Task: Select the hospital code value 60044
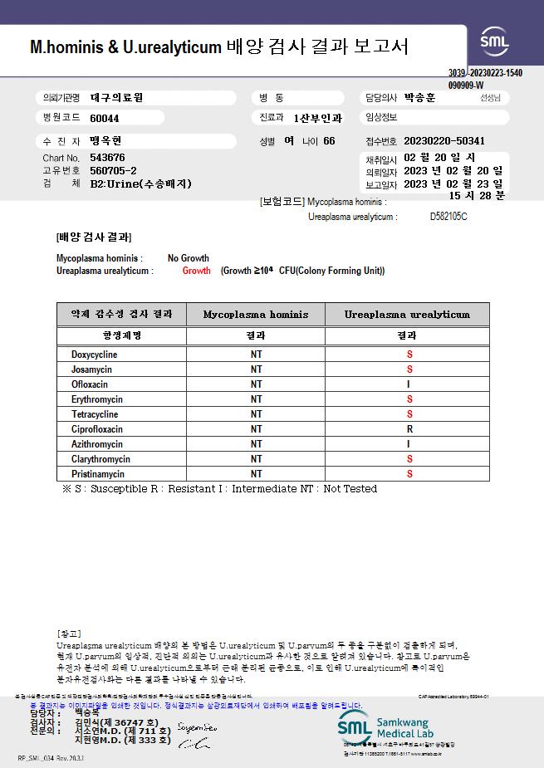105,119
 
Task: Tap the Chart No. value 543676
108,158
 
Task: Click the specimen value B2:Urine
141,183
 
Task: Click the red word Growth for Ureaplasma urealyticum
197,271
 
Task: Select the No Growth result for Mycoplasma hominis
189,258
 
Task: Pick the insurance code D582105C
448,217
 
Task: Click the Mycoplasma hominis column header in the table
256,315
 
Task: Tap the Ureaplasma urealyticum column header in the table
407,315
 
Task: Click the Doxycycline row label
94,355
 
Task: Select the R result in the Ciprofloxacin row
409,429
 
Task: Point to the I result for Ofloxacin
409,384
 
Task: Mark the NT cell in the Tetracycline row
256,414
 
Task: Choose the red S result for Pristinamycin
409,474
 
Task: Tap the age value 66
330,141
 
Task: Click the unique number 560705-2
113,170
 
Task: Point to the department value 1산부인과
318,119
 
